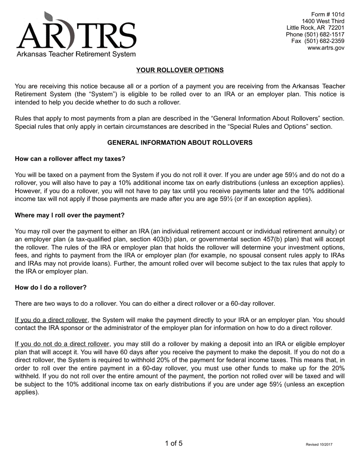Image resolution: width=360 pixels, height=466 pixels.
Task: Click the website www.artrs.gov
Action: click(x=326, y=48)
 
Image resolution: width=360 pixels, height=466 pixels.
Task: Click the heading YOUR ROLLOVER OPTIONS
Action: click(x=180, y=70)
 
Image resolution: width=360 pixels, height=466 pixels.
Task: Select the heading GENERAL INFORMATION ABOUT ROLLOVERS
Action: click(x=180, y=143)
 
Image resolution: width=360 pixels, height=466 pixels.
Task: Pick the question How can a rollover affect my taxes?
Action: click(x=70, y=159)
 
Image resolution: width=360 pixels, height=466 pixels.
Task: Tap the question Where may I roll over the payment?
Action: click(x=69, y=215)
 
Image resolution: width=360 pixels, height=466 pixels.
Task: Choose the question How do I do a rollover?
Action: click(x=50, y=288)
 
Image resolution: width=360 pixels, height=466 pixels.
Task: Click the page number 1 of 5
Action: click(x=174, y=443)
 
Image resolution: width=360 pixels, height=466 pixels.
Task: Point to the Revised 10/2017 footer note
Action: click(x=319, y=445)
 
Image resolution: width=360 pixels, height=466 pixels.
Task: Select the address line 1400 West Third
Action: click(x=323, y=21)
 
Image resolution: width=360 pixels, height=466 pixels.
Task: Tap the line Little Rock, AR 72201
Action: click(x=315, y=28)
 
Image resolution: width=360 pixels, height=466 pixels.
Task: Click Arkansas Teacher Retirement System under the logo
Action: click(x=76, y=54)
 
